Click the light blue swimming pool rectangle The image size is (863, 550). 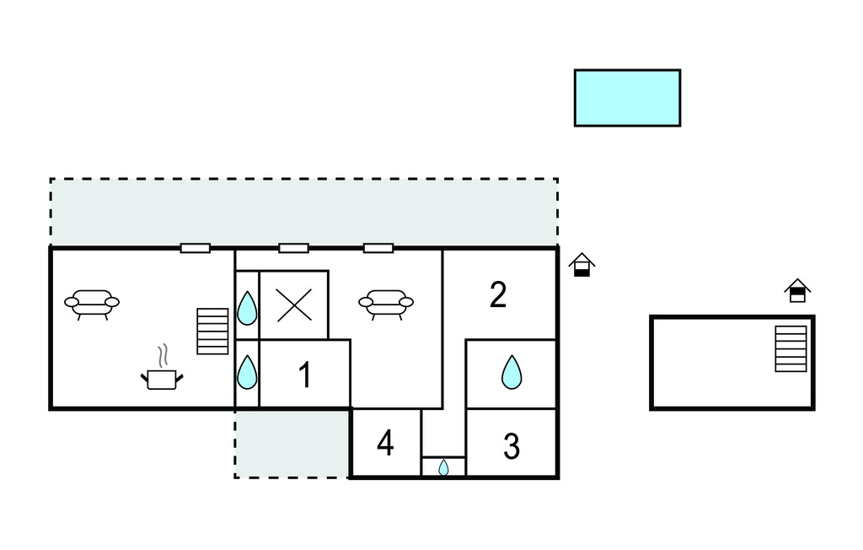click(x=627, y=98)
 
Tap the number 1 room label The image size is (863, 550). click(x=305, y=375)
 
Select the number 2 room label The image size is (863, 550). click(x=498, y=294)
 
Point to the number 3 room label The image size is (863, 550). click(x=512, y=446)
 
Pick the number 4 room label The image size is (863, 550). click(x=385, y=443)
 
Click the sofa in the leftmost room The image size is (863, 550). click(x=92, y=303)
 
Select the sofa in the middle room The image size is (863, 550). click(x=386, y=303)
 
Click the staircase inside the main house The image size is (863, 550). click(x=212, y=331)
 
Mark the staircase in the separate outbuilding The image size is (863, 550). click(x=791, y=348)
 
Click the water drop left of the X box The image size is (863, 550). click(x=246, y=308)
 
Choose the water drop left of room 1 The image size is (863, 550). click(x=246, y=372)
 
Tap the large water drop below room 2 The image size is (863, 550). click(x=512, y=372)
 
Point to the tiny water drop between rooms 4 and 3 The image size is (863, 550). click(x=443, y=467)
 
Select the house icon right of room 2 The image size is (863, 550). click(x=582, y=266)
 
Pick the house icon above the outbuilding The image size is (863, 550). click(x=797, y=291)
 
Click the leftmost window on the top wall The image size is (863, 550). click(x=196, y=248)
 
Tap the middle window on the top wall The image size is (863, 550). click(x=293, y=248)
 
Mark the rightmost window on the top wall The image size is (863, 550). click(x=378, y=248)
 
